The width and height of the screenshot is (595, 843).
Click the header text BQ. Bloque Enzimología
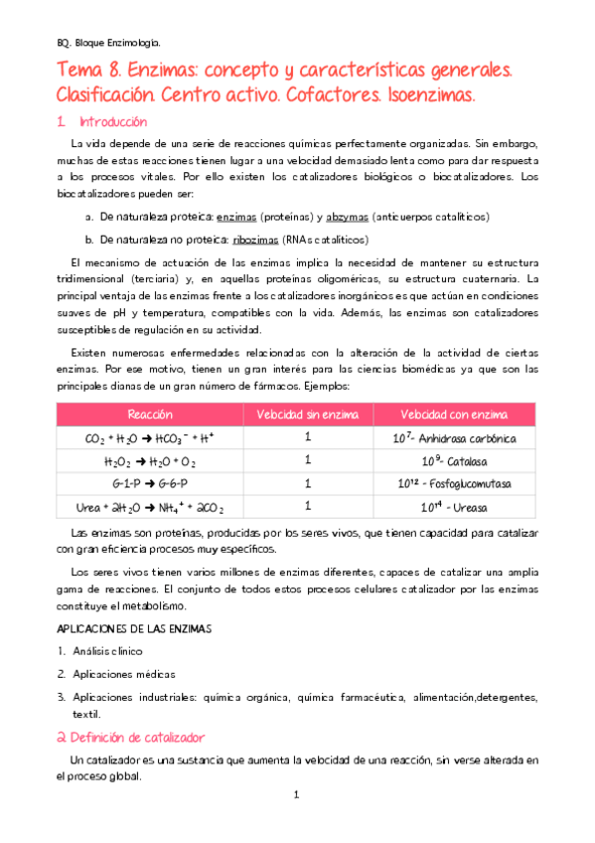click(107, 44)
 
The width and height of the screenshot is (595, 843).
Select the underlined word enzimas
click(235, 217)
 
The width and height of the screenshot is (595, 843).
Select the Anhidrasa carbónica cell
click(454, 437)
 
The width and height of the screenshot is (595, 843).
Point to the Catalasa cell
click(454, 460)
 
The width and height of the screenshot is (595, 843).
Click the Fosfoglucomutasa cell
click(454, 484)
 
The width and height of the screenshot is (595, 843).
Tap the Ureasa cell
click(454, 507)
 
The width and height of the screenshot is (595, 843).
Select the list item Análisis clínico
click(106, 652)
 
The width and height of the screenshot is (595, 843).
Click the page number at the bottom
click(296, 795)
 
